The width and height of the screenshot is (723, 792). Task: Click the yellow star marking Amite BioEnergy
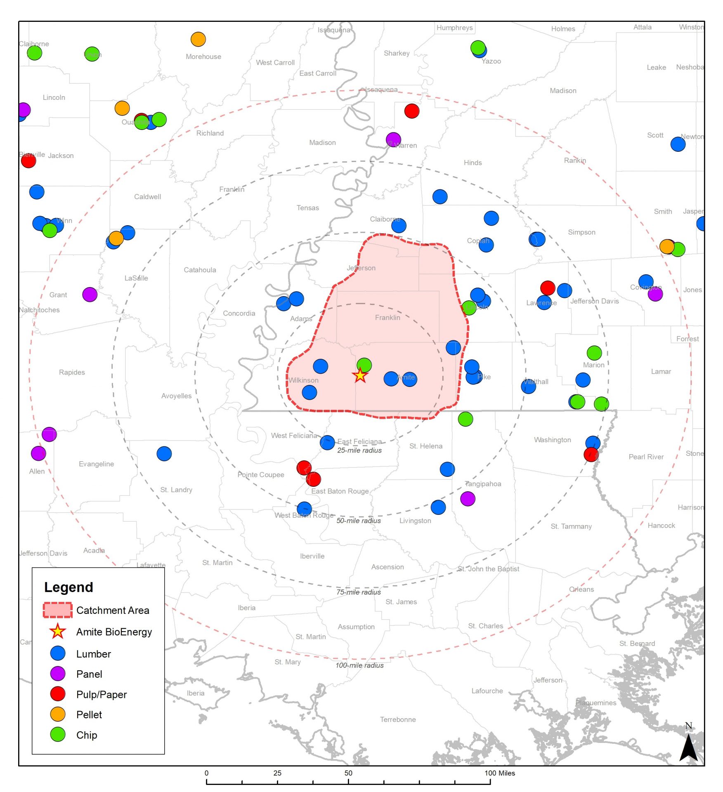click(x=360, y=375)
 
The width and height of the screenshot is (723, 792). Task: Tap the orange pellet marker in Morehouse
click(x=198, y=39)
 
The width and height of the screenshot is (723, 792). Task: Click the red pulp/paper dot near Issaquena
click(x=411, y=111)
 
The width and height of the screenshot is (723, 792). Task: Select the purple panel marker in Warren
click(x=393, y=139)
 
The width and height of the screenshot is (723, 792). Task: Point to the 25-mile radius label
click(x=359, y=450)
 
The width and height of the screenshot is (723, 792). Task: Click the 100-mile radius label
click(x=359, y=665)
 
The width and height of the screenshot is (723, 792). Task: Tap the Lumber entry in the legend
click(x=93, y=654)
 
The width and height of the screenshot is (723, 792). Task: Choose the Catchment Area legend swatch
click(x=58, y=610)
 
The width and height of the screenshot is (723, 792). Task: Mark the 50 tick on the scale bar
click(x=348, y=773)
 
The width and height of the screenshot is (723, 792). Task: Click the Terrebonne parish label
click(x=397, y=719)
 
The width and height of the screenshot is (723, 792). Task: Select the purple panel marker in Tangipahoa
click(x=467, y=498)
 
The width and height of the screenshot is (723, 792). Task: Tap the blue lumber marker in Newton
click(x=678, y=144)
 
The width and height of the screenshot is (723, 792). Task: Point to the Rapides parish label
click(x=72, y=372)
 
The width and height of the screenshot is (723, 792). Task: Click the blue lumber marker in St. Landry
click(x=164, y=453)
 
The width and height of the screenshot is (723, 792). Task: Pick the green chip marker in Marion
click(x=594, y=353)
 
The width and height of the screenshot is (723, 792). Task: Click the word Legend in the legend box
click(x=69, y=587)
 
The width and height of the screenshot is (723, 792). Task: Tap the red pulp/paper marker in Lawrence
click(x=547, y=288)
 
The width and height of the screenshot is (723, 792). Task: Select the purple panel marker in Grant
click(x=90, y=294)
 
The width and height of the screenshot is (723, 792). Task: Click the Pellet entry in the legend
click(x=89, y=714)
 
